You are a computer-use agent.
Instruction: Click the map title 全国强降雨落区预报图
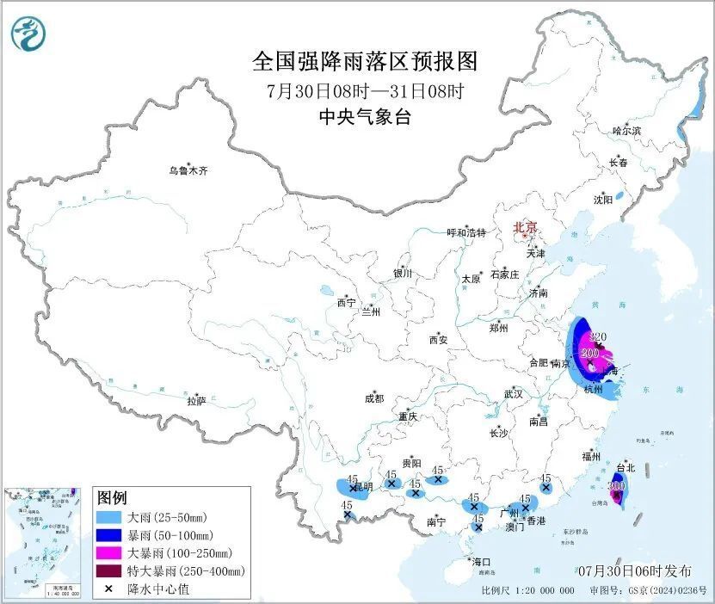[x=364, y=62]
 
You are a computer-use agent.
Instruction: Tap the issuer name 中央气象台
[x=364, y=118]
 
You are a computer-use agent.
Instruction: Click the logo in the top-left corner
[x=28, y=33]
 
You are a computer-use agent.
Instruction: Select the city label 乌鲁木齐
[x=188, y=171]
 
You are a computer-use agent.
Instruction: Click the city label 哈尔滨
[x=626, y=131]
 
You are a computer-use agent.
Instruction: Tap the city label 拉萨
[x=196, y=401]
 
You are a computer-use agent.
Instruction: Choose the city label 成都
[x=374, y=398]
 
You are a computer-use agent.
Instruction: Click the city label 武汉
[x=514, y=394]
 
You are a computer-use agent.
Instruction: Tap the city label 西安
[x=437, y=340]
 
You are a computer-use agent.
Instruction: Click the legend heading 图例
[x=112, y=498]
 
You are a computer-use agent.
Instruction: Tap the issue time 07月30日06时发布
[x=635, y=570]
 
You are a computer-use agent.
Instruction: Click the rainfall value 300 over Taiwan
[x=615, y=486]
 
